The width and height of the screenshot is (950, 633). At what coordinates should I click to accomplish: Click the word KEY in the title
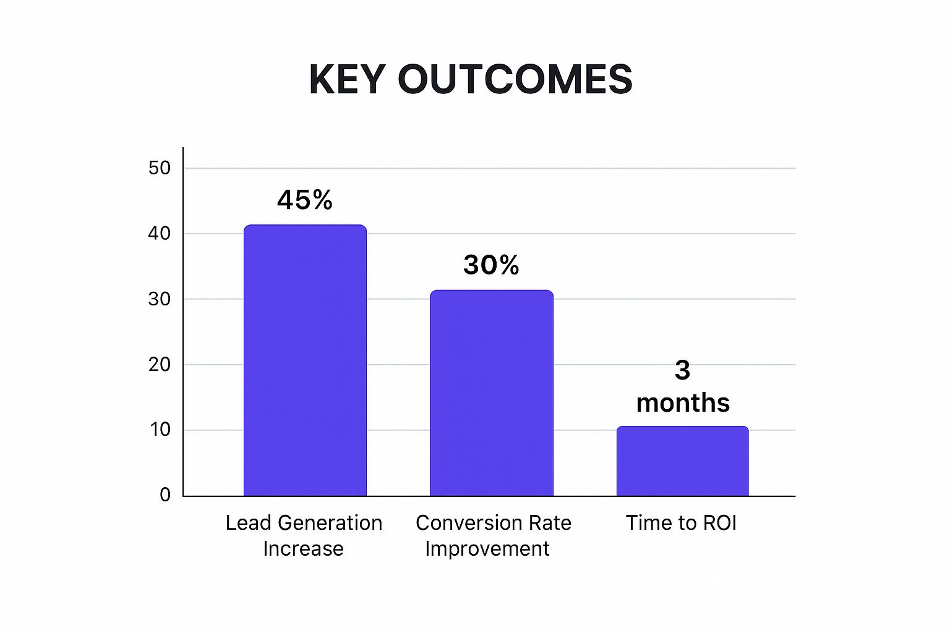tap(347, 79)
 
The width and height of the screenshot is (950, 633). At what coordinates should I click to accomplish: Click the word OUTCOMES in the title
tap(515, 79)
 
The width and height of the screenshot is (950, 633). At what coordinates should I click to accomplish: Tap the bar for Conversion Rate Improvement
tap(491, 393)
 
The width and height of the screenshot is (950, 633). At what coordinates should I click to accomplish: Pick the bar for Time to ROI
tap(682, 461)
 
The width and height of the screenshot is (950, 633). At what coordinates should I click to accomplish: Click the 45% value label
tap(305, 200)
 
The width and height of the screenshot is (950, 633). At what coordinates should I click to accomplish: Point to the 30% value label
tap(491, 265)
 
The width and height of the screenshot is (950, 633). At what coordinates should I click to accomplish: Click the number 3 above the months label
tap(682, 370)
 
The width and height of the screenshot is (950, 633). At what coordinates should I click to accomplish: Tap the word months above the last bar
tap(683, 403)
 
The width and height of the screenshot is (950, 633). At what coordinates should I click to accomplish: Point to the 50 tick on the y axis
tap(159, 168)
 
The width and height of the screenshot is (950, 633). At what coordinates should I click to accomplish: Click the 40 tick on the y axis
tap(159, 234)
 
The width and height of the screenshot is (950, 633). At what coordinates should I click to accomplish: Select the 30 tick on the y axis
tap(159, 299)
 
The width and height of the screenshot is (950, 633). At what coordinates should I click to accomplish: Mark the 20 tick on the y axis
tap(159, 365)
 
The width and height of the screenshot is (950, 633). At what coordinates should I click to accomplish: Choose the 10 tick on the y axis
tap(160, 430)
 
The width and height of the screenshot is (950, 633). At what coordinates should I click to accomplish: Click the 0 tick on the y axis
tap(165, 495)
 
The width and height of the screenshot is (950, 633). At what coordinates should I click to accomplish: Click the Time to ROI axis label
tap(681, 523)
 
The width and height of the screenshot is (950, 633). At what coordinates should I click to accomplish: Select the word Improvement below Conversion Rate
tap(487, 549)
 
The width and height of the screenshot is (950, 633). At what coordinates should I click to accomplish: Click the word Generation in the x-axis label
tap(330, 523)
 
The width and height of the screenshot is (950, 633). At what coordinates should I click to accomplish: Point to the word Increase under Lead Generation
tap(303, 549)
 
